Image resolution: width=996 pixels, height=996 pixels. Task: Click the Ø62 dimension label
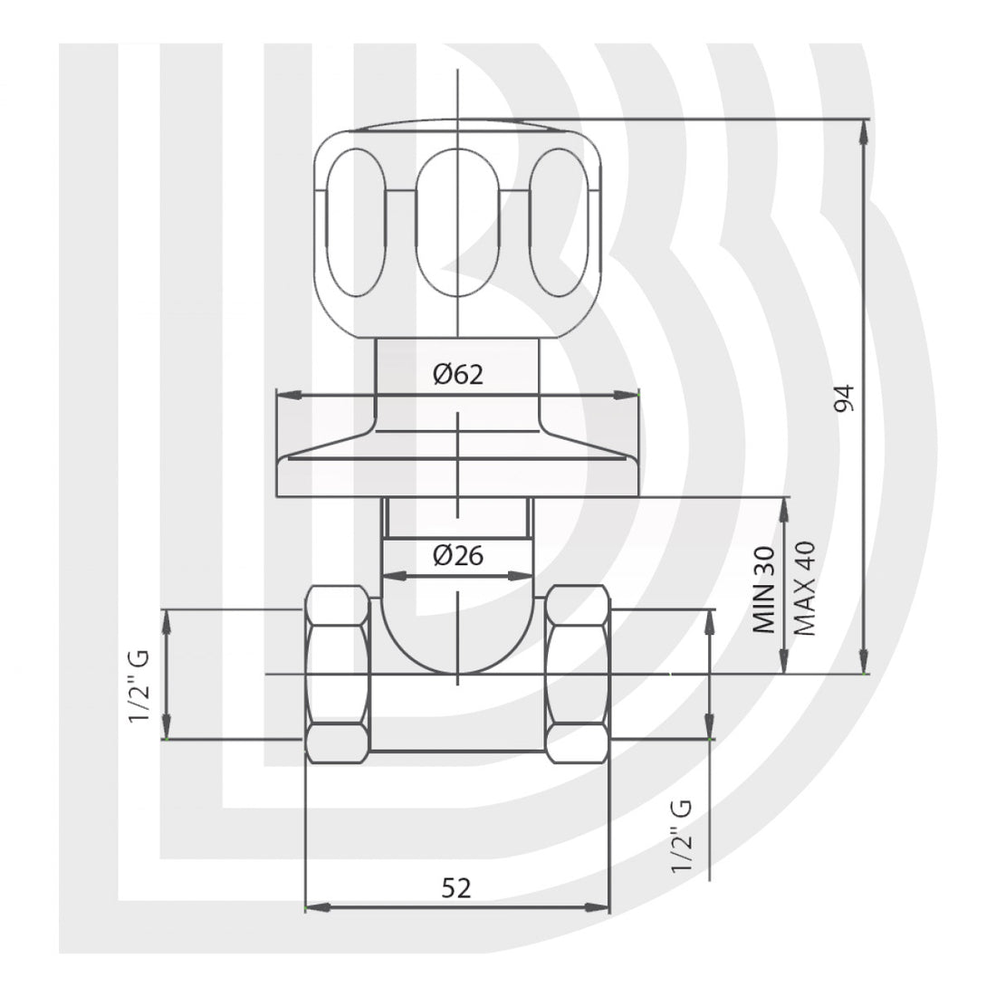pyautogui.click(x=458, y=375)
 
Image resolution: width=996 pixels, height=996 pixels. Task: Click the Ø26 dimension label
pyautogui.click(x=458, y=556)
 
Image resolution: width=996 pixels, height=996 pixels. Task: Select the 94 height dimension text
pyautogui.click(x=844, y=398)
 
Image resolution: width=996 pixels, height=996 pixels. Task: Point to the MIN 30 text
pyautogui.click(x=763, y=589)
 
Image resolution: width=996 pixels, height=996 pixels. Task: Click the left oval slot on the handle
pyautogui.click(x=350, y=221)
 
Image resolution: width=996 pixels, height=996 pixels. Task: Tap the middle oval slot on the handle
pyautogui.click(x=458, y=223)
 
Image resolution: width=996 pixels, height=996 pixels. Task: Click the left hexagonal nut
pyautogui.click(x=338, y=674)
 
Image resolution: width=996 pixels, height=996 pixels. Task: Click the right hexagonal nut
pyautogui.click(x=578, y=674)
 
